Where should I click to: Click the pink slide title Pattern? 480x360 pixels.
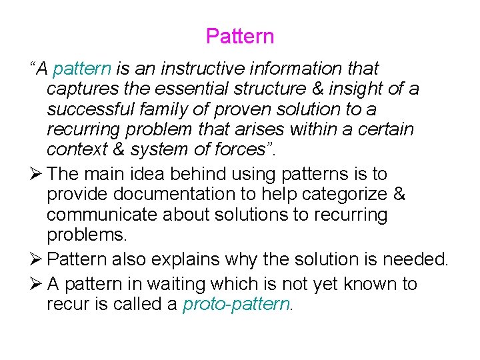coord(240,36)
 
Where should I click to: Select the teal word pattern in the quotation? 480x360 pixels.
coord(82,69)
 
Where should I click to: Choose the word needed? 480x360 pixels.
coord(413,259)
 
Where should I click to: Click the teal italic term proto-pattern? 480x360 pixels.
coord(237,305)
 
